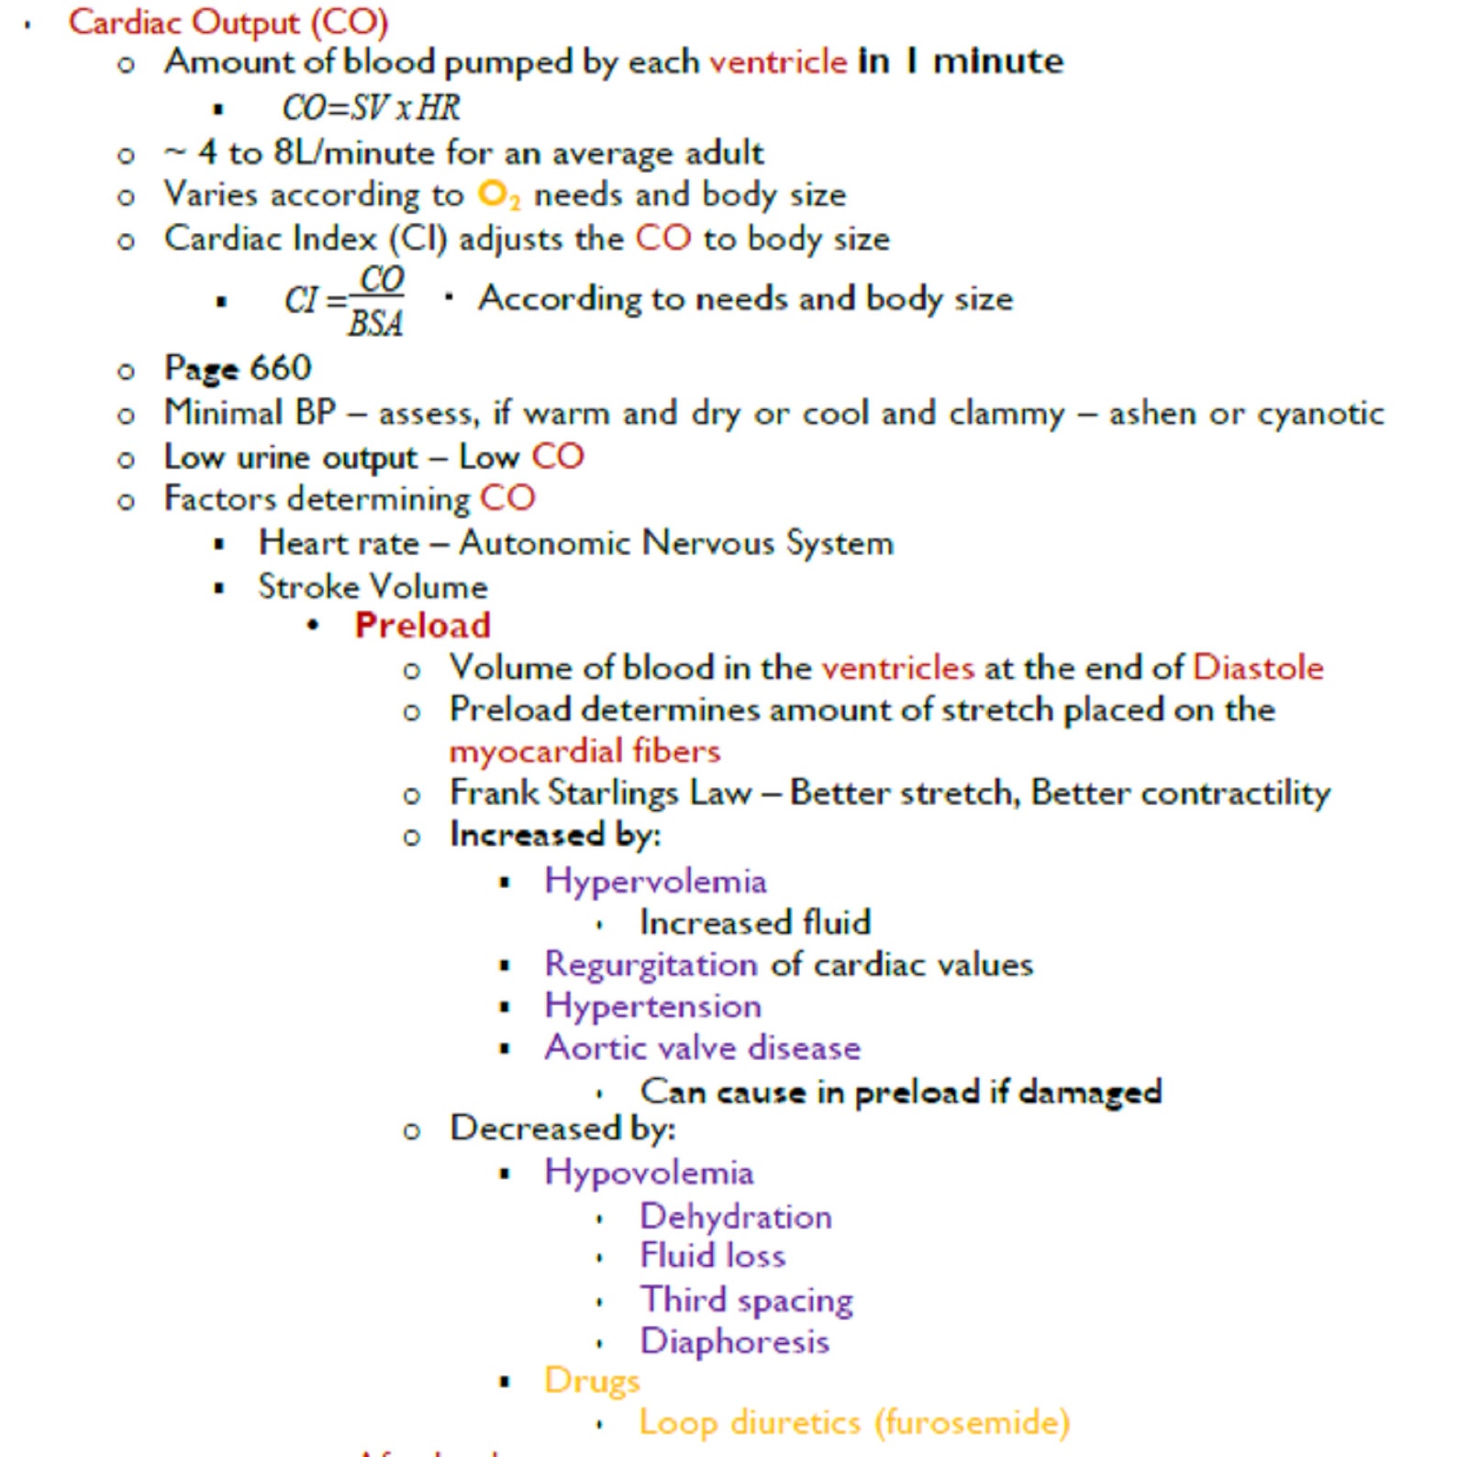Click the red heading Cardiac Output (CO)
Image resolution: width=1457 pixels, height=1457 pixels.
coord(228,22)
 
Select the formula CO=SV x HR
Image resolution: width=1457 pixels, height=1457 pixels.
coord(371,108)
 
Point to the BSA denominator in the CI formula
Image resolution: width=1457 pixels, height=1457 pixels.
coord(375,323)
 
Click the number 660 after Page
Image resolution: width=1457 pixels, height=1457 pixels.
coord(280,368)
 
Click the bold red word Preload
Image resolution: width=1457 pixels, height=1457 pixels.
coord(422,625)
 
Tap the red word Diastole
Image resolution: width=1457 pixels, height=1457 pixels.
coord(1257,667)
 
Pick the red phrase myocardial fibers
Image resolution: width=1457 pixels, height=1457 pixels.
coord(584,751)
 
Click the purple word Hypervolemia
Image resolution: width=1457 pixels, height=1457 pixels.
coord(655,881)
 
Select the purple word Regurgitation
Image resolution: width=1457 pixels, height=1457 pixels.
coord(651,964)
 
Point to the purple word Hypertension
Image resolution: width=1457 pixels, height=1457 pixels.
coord(652,1006)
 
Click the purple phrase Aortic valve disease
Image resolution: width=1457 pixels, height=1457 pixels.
coord(702,1048)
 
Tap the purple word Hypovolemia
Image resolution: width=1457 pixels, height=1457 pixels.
coord(649,1173)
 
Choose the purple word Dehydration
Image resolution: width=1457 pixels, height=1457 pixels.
coord(736,1217)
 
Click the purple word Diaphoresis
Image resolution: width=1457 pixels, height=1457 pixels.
coord(734,1341)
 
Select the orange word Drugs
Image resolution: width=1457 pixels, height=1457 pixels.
coord(591,1381)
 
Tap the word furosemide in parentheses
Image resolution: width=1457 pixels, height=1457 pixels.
coord(972,1423)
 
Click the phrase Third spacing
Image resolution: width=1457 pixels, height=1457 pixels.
coord(746,1300)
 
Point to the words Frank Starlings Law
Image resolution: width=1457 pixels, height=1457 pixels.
coord(600,793)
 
